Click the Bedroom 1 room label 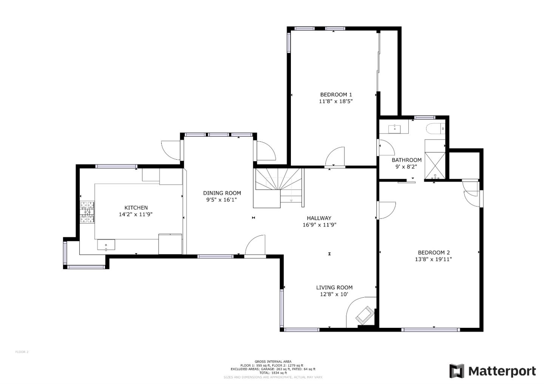[336, 95]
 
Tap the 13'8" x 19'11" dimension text [433, 259]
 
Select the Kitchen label [136, 207]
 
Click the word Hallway [319, 218]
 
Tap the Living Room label [334, 287]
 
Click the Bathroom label [406, 160]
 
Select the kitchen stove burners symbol [87, 213]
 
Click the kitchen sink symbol [106, 245]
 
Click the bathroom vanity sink [395, 129]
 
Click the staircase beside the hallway [279, 187]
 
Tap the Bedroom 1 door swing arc [335, 156]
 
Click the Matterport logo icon [456, 371]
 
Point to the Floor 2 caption [22, 352]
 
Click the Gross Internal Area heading [273, 362]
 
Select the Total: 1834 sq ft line [273, 373]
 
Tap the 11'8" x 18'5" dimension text [336, 101]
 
